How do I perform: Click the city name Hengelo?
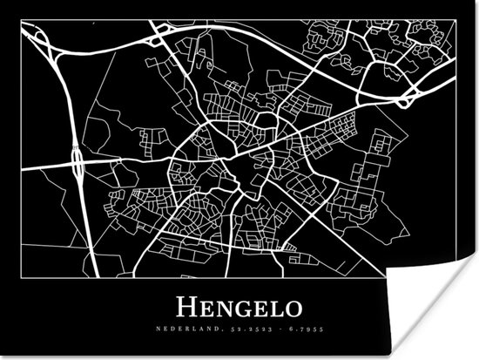pos(239,307)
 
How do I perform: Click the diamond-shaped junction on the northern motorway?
pos(160,35)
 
